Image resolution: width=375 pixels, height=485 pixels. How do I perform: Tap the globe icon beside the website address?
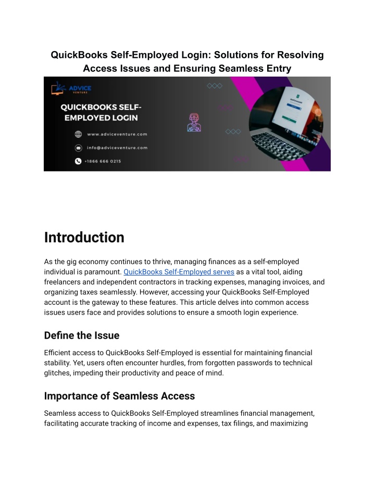tap(78, 134)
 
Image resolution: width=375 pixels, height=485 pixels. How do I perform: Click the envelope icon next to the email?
tap(78, 147)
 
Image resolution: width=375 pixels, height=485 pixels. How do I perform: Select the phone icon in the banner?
tap(78, 161)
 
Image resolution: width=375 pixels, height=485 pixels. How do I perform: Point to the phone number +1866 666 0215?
tap(104, 161)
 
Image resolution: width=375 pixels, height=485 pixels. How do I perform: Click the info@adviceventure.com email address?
tap(117, 147)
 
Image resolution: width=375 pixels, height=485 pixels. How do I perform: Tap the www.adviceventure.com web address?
tap(117, 134)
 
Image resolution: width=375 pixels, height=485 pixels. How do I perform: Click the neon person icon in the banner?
tap(194, 123)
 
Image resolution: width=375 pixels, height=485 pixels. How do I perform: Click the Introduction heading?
tap(84, 238)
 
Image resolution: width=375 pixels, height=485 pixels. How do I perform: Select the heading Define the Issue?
tap(82, 335)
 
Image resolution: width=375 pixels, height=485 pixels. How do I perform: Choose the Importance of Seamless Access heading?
tap(119, 396)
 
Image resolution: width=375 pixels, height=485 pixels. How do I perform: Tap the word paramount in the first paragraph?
tap(102, 272)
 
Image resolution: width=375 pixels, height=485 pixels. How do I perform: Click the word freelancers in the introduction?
tap(62, 282)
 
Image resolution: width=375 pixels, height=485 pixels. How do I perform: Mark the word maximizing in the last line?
tap(291, 424)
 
